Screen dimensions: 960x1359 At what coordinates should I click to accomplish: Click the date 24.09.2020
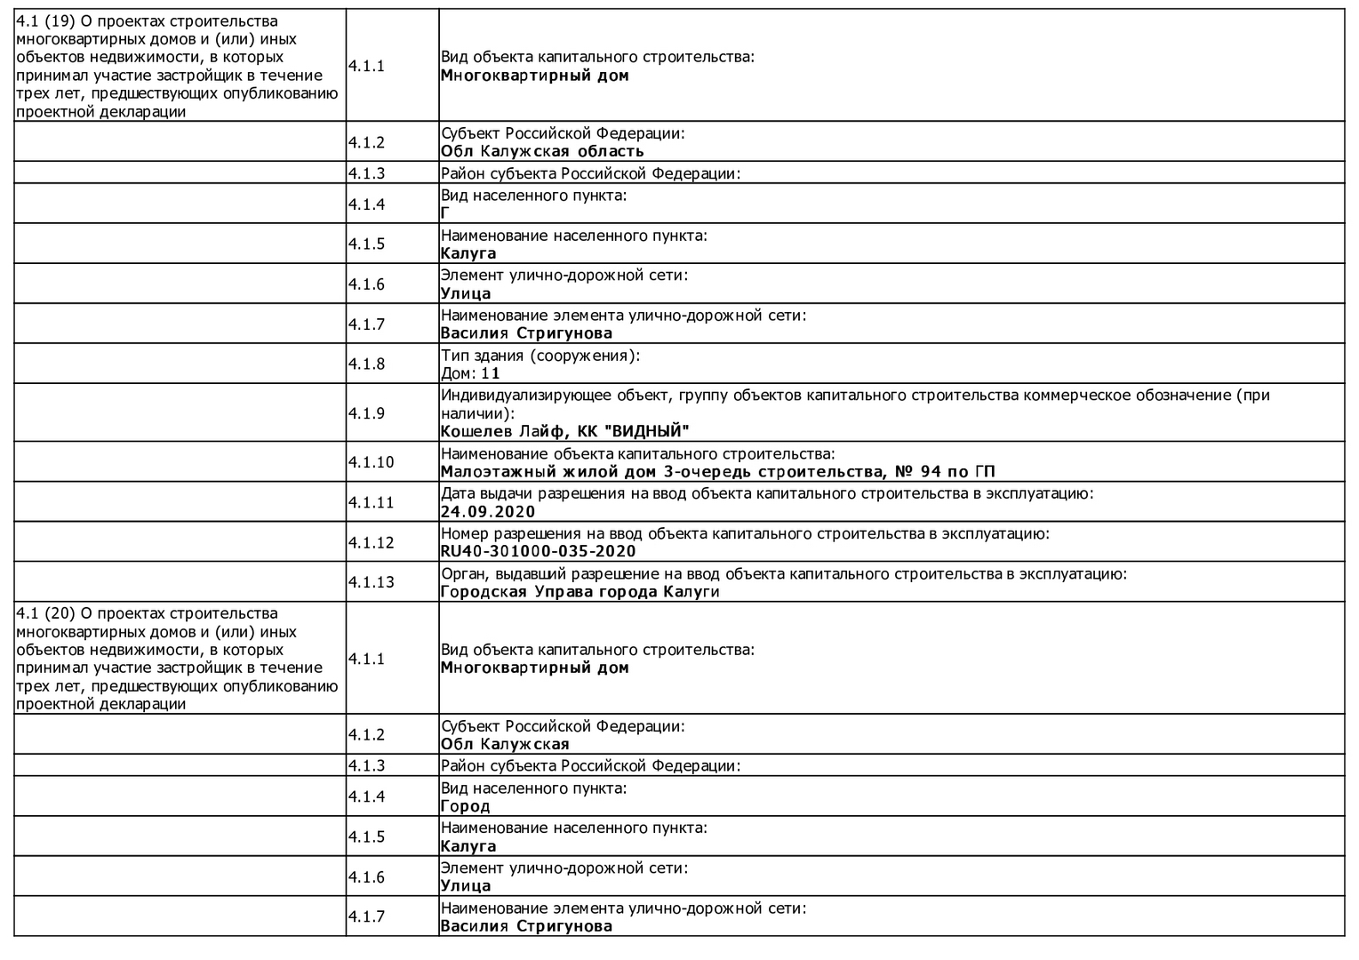[x=488, y=511]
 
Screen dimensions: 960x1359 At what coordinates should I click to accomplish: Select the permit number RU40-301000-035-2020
[x=538, y=551]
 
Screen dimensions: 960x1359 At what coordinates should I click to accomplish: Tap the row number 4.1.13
[x=371, y=582]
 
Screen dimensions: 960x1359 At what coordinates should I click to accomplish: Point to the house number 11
[x=491, y=373]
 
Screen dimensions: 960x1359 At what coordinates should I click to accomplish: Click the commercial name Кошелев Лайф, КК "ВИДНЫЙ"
[x=564, y=432]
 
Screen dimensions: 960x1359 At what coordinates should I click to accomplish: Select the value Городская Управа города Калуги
[x=580, y=592]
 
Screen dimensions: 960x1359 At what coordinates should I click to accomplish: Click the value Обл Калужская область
[x=542, y=151]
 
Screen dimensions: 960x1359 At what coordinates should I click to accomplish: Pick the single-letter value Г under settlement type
[x=445, y=213]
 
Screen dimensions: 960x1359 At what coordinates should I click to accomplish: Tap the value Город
[x=465, y=806]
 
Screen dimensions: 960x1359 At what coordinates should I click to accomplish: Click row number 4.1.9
[x=366, y=413]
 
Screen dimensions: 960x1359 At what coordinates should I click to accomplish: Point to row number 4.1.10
[x=371, y=462]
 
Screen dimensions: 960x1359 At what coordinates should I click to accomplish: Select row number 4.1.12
[x=371, y=542]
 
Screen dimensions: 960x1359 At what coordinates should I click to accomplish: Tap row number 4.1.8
[x=366, y=364]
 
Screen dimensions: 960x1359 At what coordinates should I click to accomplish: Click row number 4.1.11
[x=371, y=502]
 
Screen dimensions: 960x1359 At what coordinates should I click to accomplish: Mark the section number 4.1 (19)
[x=45, y=20]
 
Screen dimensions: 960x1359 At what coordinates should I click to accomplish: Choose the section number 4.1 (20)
[x=45, y=613]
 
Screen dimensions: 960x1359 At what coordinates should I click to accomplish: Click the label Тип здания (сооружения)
[x=540, y=356]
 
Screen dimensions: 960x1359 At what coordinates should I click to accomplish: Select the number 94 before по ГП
[x=931, y=471]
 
